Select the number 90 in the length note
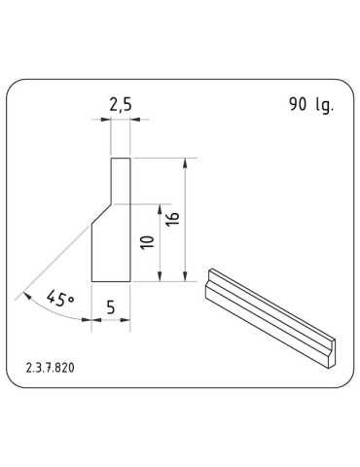pos(298,105)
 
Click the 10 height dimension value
pos(147,243)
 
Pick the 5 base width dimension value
pos(110,306)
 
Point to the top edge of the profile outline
pos(120,158)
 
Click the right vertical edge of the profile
pos(129,220)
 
